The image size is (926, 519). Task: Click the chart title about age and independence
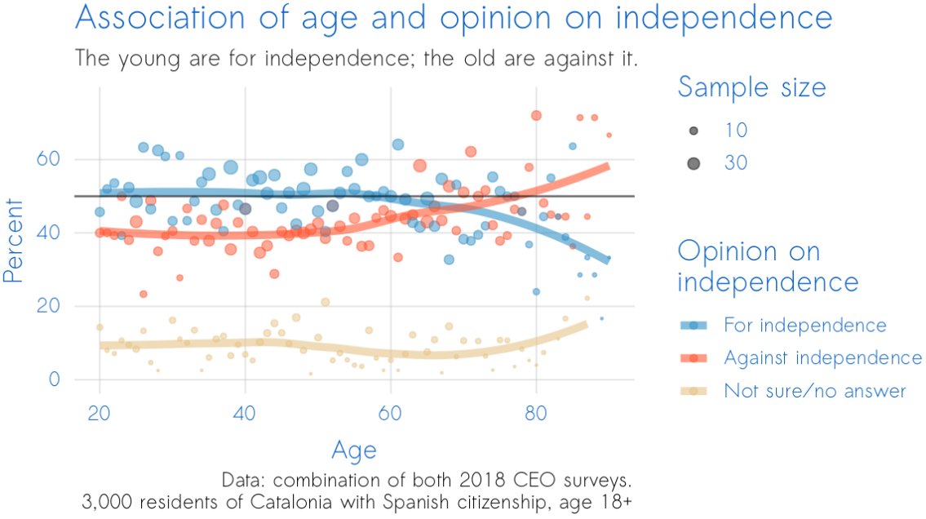point(454,18)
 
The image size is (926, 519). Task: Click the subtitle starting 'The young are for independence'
point(356,59)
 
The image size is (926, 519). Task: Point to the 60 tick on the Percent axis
point(55,159)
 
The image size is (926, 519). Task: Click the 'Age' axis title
point(354,450)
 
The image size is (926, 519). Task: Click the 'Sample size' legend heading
point(751,87)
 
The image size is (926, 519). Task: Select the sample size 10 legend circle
point(693,131)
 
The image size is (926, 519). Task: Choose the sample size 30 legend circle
point(693,163)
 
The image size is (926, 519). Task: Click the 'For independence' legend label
point(804,326)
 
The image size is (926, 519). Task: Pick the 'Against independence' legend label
point(822,358)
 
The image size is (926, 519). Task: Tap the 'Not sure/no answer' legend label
point(814,391)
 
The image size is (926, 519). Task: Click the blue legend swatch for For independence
point(693,326)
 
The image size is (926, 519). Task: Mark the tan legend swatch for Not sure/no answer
point(693,391)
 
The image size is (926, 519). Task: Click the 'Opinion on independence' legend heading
point(768,266)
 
